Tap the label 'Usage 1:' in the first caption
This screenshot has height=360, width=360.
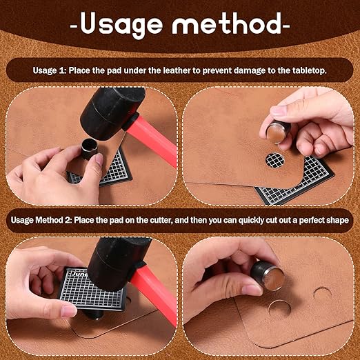pyautogui.click(x=52, y=70)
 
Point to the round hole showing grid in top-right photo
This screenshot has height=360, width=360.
pyautogui.click(x=274, y=160)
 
